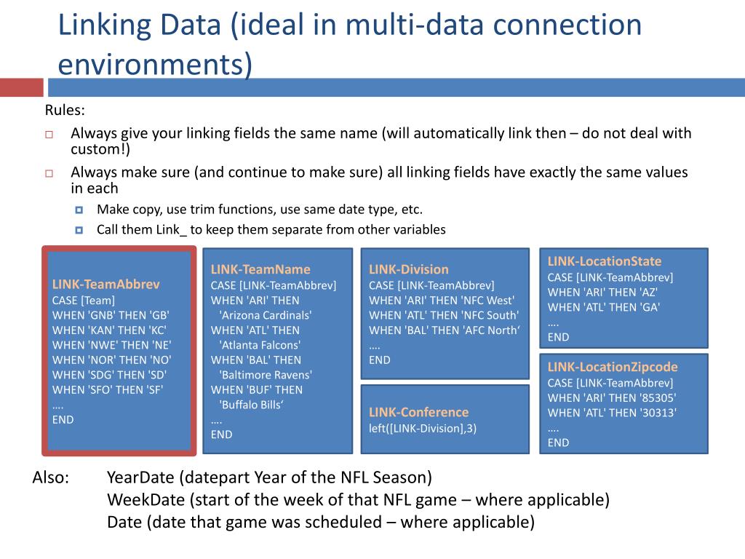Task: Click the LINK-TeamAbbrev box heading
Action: tap(105, 284)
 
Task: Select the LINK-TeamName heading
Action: tap(260, 269)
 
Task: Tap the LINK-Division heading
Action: tap(408, 269)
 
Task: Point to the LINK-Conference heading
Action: tap(418, 412)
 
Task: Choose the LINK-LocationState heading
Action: tap(605, 261)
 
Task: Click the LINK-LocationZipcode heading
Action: tap(613, 367)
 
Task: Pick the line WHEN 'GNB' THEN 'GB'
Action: tap(111, 314)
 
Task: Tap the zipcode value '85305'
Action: tap(659, 397)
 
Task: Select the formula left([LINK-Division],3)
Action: tap(423, 428)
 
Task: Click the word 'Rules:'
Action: tap(65, 111)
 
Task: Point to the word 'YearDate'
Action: tap(142, 477)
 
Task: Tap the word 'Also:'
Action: tap(51, 477)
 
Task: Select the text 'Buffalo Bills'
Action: tap(250, 405)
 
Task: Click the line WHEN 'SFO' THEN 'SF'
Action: tap(108, 389)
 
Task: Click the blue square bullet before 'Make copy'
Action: tap(79, 210)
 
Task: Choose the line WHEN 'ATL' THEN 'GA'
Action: tap(604, 306)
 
